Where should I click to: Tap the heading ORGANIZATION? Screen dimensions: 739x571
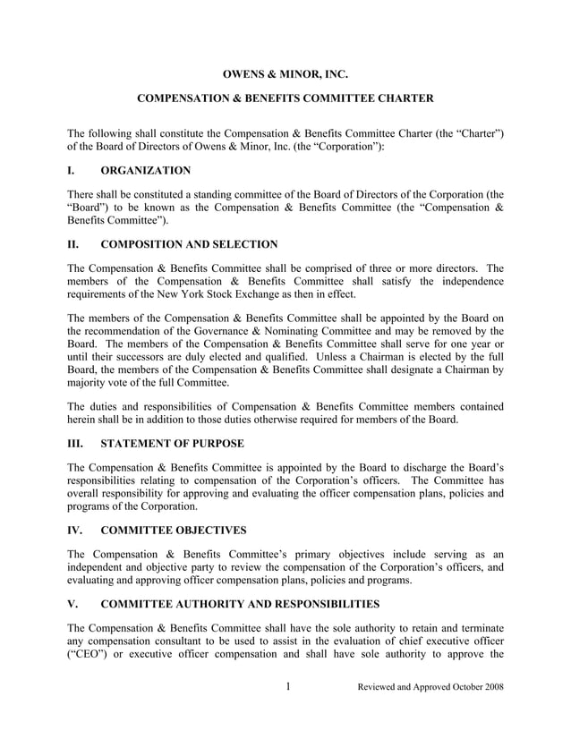145,170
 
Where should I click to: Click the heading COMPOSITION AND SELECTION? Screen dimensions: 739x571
189,244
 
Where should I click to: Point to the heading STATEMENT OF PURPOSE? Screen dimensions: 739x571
172,443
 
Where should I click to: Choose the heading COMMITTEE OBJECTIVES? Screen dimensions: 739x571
174,530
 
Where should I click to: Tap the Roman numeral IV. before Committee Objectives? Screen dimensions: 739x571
76,530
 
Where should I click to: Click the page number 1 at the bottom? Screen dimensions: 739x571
287,687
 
